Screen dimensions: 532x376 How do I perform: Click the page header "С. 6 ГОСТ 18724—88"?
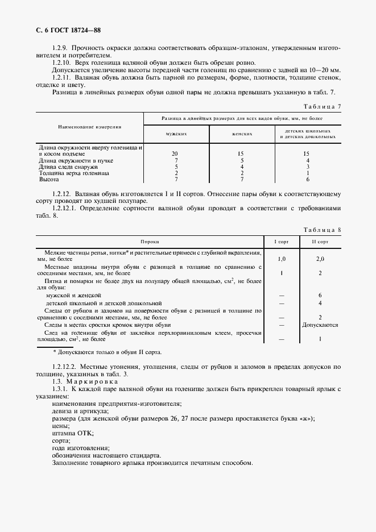coord(67,30)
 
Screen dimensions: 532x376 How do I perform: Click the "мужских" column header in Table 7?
coord(176,134)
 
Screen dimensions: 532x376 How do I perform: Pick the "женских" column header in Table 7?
coord(242,134)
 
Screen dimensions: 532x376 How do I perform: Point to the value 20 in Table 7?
coord(176,154)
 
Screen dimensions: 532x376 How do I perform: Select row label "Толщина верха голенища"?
coord(73,173)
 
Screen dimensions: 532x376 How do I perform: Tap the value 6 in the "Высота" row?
coord(307,179)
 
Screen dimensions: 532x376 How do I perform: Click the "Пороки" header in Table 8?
coord(150,242)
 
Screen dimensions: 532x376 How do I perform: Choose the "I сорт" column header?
coord(282,242)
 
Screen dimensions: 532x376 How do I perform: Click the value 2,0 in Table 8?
coord(321,259)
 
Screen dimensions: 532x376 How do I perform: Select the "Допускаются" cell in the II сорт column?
coord(321,325)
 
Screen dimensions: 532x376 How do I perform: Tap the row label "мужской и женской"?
coord(73,296)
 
